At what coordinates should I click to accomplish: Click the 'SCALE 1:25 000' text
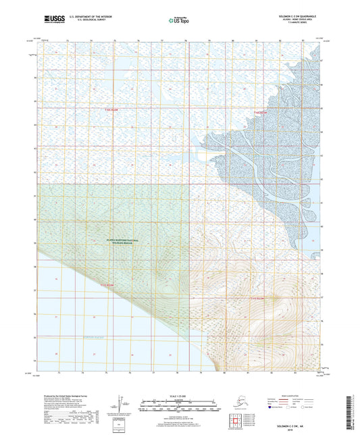[179, 396]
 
